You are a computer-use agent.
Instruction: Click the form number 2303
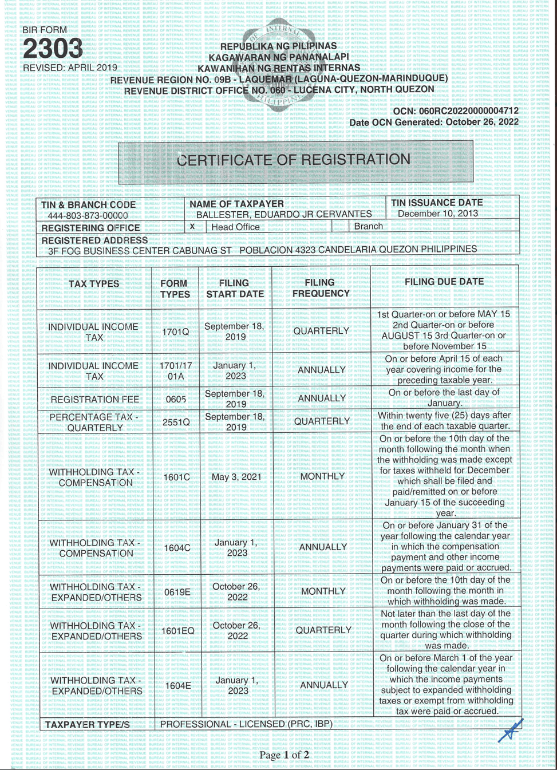pyautogui.click(x=53, y=49)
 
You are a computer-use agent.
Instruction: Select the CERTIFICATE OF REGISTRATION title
pyautogui.click(x=294, y=160)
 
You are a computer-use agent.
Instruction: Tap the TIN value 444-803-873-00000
pyautogui.click(x=88, y=216)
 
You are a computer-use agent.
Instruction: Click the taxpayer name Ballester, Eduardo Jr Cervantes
pyautogui.click(x=284, y=214)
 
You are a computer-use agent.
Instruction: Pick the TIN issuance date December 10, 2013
pyautogui.click(x=438, y=214)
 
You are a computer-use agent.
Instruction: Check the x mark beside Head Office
pyautogui.click(x=192, y=226)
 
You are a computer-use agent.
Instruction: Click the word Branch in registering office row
pyautogui.click(x=368, y=226)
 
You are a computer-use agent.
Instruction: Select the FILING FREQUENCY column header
pyautogui.click(x=320, y=288)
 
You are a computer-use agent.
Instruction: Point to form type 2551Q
pyautogui.click(x=176, y=422)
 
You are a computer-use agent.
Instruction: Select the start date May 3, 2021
pyautogui.click(x=236, y=477)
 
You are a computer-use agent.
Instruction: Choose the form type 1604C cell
pyautogui.click(x=177, y=548)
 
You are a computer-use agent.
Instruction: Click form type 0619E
pyautogui.click(x=177, y=592)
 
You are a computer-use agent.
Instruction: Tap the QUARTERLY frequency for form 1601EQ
pyautogui.click(x=323, y=630)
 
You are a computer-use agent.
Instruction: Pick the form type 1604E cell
pyautogui.click(x=177, y=685)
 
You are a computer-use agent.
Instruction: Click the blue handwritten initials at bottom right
pyautogui.click(x=511, y=730)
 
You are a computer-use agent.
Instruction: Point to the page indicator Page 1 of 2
pyautogui.click(x=284, y=755)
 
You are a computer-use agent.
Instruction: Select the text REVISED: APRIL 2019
pyautogui.click(x=70, y=68)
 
